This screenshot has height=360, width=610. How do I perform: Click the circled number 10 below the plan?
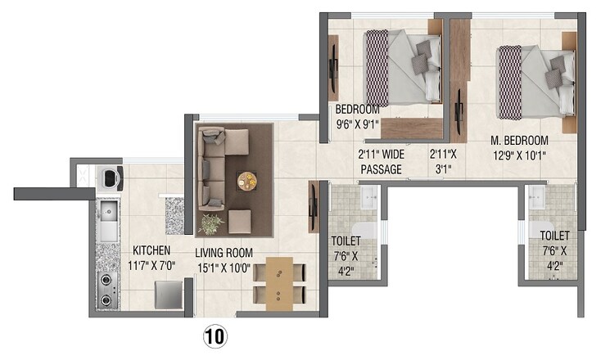[216, 335]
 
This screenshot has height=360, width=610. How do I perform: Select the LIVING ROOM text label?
[224, 253]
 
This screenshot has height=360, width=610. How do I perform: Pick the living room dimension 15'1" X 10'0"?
[224, 268]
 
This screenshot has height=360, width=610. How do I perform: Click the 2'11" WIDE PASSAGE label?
[381, 162]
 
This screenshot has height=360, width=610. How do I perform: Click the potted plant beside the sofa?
[212, 223]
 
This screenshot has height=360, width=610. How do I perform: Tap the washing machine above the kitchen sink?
[109, 178]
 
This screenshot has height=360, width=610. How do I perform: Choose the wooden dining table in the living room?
[278, 282]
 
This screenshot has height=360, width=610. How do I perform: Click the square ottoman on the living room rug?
[239, 222]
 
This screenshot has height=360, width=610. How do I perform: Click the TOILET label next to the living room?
[346, 241]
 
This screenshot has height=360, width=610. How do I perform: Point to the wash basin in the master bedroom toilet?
[536, 195]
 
